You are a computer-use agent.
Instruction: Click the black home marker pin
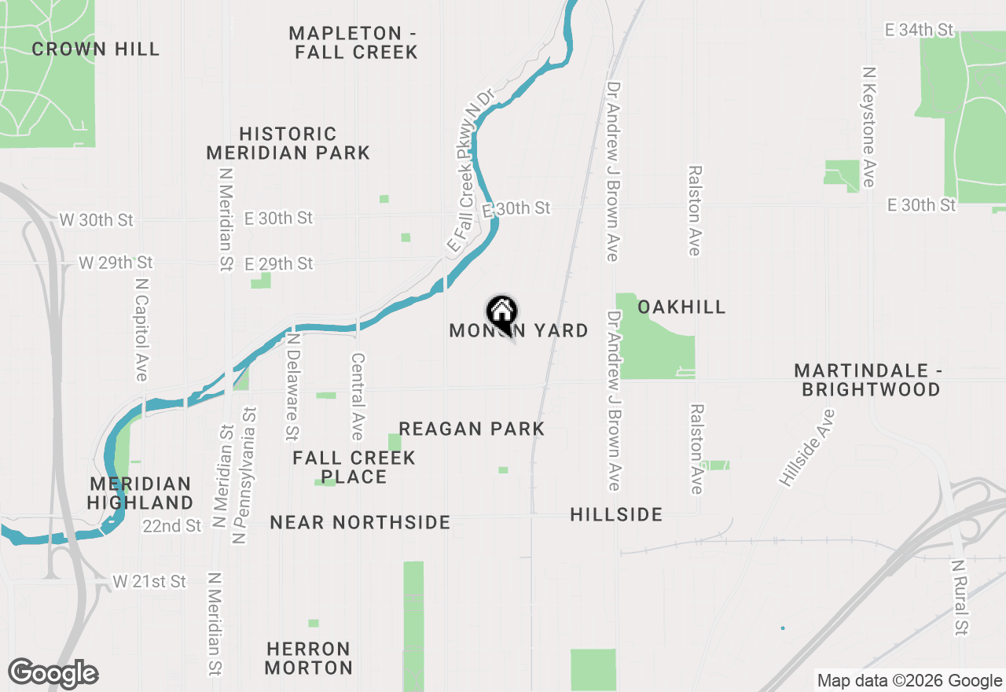coord(501,312)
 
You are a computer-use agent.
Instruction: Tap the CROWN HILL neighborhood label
coord(95,49)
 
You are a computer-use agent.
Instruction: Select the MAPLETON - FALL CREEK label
coord(353,42)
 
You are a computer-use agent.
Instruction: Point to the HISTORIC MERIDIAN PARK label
coord(288,143)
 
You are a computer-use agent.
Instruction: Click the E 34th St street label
coord(919,30)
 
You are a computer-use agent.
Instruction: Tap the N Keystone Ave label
coord(868,127)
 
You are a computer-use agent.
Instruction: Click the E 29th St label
coord(278,263)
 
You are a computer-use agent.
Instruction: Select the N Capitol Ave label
coord(141,329)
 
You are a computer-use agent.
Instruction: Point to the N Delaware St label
coord(292,386)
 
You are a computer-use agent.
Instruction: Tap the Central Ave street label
coord(358,396)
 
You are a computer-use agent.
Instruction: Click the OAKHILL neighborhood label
coord(681,307)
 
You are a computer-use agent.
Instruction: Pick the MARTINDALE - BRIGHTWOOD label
coord(867,380)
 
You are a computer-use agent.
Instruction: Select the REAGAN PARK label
coord(472,429)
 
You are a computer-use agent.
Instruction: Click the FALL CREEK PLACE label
coord(354,467)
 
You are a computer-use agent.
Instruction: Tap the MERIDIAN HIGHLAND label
coord(141,493)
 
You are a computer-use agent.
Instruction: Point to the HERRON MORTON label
coord(308,658)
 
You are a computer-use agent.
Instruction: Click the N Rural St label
coord(959,598)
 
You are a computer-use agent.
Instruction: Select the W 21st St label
coord(149,582)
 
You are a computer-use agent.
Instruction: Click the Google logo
coord(53,674)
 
